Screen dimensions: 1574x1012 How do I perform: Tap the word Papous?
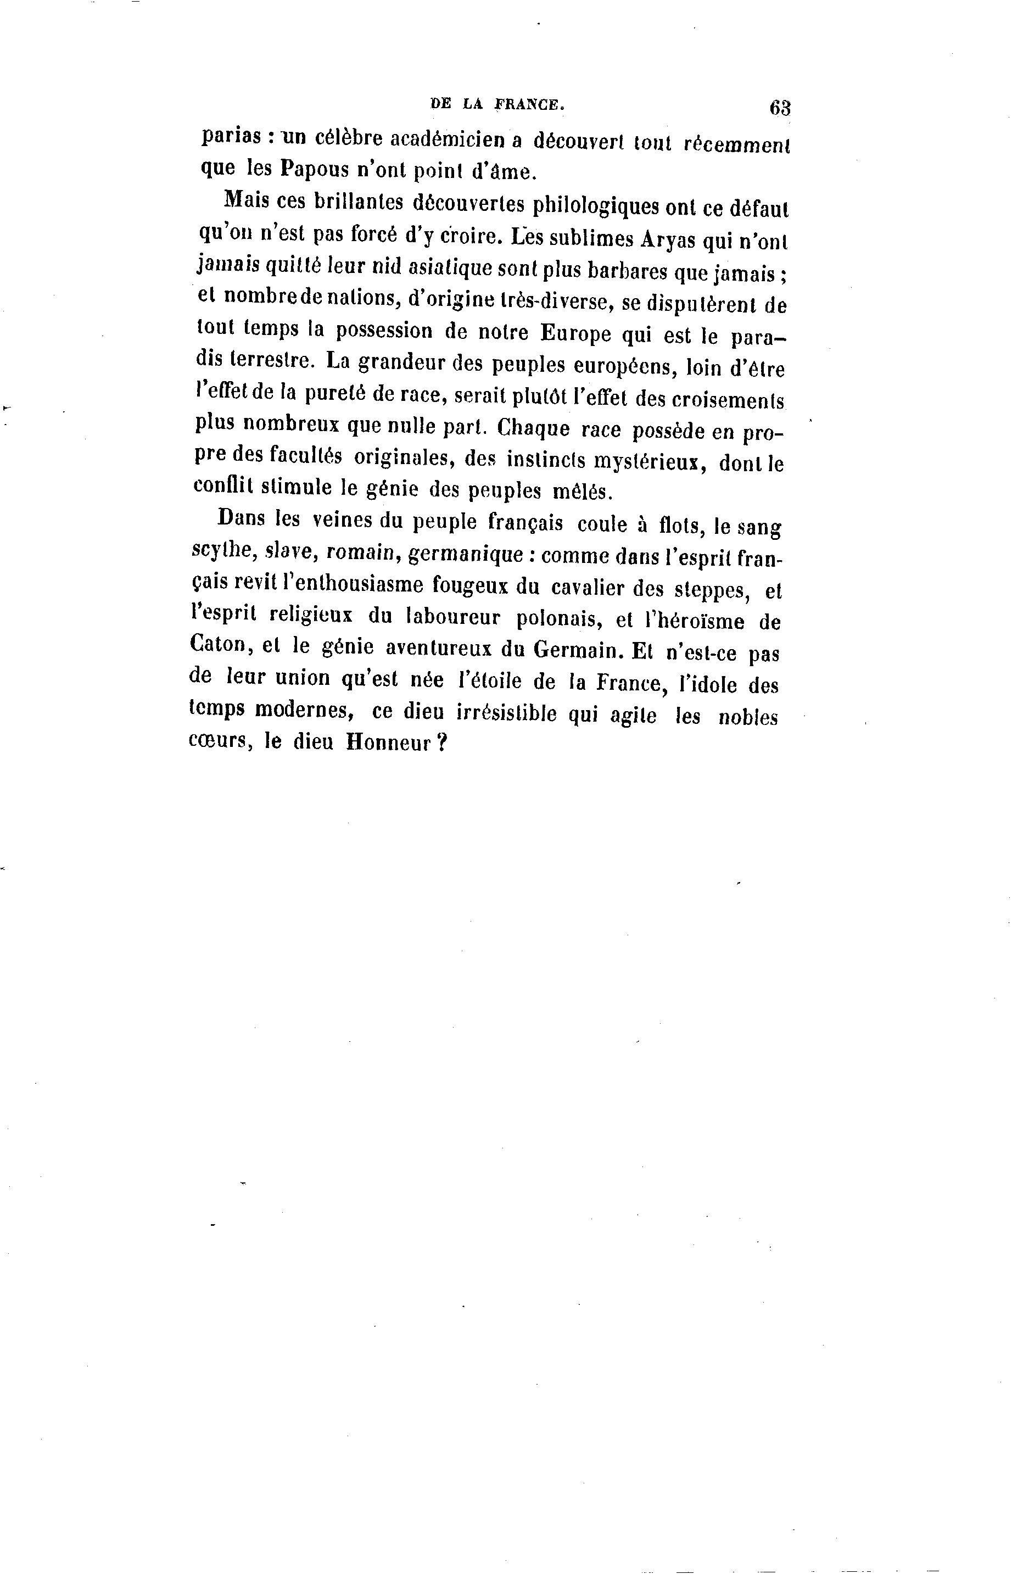[x=314, y=170]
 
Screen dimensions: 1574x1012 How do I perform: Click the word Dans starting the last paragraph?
[x=241, y=518]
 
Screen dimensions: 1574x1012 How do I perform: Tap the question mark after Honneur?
[x=441, y=743]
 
